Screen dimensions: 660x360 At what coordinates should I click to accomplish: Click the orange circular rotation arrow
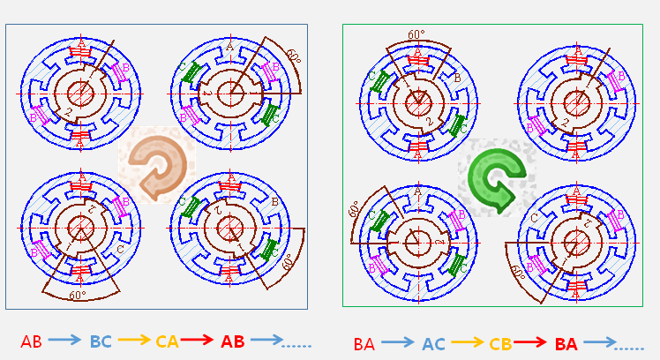[x=156, y=164]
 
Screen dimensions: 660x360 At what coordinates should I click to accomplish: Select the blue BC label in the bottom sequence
[x=100, y=341]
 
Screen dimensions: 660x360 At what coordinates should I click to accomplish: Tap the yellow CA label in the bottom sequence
[x=167, y=341]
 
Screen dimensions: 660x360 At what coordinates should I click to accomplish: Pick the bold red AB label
[x=233, y=341]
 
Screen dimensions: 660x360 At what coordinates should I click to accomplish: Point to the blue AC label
[x=432, y=344]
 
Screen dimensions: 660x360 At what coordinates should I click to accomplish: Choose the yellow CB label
[x=499, y=344]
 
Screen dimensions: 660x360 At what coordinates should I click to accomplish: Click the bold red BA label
[x=566, y=344]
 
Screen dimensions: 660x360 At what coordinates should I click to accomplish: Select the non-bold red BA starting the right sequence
[x=364, y=344]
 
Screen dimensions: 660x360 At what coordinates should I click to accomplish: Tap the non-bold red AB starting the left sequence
[x=31, y=341]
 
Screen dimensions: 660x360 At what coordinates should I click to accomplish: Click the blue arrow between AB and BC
[x=65, y=340]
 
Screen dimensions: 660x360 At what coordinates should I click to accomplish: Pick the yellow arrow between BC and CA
[x=133, y=340]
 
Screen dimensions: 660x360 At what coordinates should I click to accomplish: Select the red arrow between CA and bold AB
[x=199, y=340]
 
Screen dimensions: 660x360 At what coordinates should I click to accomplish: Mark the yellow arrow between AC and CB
[x=466, y=342]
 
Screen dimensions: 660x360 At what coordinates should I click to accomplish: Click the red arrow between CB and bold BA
[x=532, y=342]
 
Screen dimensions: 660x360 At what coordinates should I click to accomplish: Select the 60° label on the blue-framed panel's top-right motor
[x=293, y=59]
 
